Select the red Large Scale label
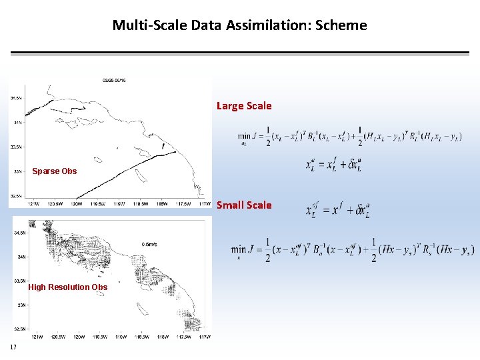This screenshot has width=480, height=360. (244, 105)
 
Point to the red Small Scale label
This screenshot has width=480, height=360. (244, 205)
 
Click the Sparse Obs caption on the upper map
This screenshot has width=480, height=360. (55, 171)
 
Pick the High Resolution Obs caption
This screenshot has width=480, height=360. (67, 287)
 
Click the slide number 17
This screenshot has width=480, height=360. (13, 347)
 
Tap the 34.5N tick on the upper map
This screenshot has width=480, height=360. (16, 98)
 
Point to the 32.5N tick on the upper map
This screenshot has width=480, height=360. (16, 196)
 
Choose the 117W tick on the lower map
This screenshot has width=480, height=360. (205, 337)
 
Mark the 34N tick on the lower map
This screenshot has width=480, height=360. (22, 257)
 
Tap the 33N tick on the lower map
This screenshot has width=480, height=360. (22, 305)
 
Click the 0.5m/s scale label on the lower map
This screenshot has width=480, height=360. (150, 244)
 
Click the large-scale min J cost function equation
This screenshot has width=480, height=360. (349, 136)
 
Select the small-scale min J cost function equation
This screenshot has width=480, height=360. (352, 250)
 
